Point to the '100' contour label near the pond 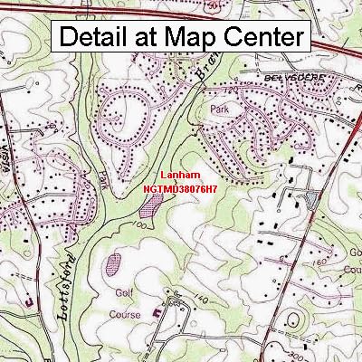pyautogui.click(x=143, y=224)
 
